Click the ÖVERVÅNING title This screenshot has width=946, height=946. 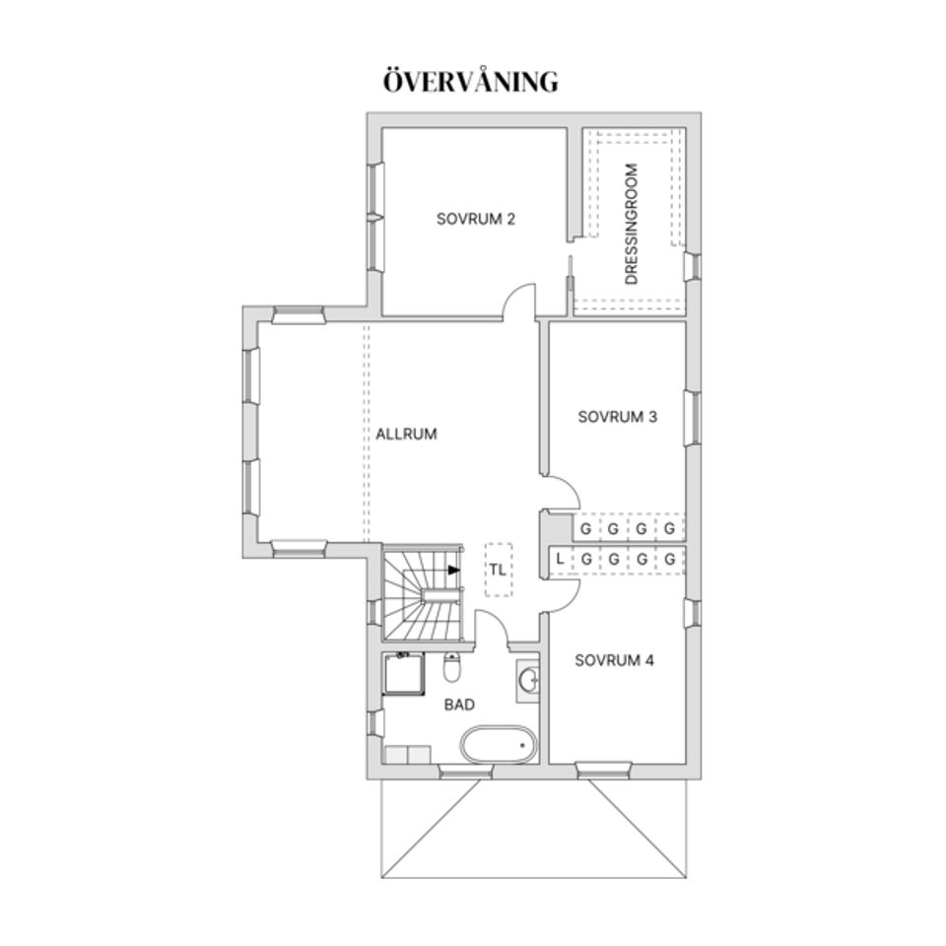(x=470, y=82)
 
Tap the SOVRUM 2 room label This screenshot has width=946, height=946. (x=476, y=219)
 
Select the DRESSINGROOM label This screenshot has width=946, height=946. (x=632, y=225)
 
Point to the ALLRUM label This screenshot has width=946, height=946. (x=406, y=434)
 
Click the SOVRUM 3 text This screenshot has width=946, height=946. (x=618, y=417)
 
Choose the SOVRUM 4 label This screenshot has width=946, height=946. (x=614, y=660)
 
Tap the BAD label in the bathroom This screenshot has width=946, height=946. (x=459, y=705)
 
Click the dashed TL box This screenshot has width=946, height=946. (x=498, y=570)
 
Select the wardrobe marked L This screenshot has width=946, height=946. (x=560, y=560)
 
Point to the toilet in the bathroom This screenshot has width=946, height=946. (x=452, y=668)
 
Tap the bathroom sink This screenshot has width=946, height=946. (x=529, y=680)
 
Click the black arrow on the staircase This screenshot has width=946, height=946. (x=453, y=570)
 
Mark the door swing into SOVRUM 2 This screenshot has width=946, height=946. (x=518, y=300)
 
